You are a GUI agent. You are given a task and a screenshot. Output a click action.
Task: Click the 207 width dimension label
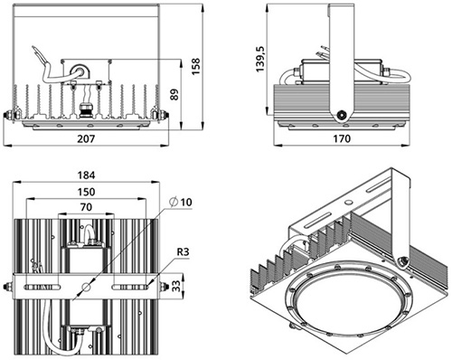tap(86, 138)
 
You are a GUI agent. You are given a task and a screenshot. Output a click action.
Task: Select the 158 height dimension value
tap(195, 67)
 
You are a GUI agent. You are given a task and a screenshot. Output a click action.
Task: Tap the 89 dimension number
tap(174, 94)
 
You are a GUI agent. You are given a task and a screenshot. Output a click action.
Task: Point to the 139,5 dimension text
tap(259, 59)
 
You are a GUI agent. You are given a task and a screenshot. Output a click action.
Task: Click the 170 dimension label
tap(342, 138)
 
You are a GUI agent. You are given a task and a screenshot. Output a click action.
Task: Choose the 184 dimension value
tap(86, 175)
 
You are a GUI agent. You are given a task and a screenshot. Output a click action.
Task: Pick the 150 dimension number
tap(86, 192)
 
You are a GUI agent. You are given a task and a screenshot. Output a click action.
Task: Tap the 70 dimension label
tap(86, 207)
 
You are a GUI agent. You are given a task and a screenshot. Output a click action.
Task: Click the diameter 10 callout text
tap(181, 202)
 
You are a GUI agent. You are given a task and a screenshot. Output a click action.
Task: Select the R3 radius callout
tap(183, 251)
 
